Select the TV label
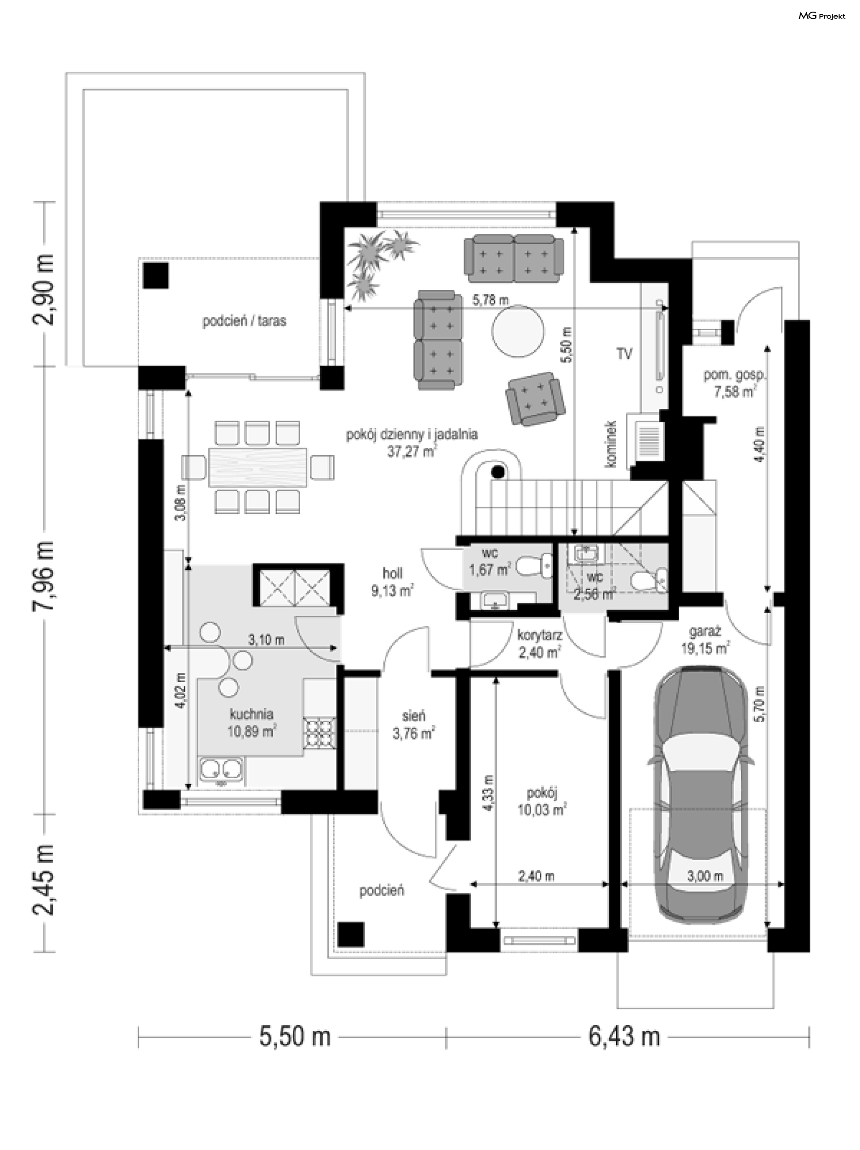click(x=624, y=354)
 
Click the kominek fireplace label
click(x=611, y=444)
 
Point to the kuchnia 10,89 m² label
click(x=251, y=723)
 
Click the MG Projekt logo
click(x=821, y=16)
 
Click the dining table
click(x=258, y=467)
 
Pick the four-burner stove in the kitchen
click(x=319, y=733)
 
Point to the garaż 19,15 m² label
click(x=705, y=641)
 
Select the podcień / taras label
click(x=244, y=321)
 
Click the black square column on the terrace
click(x=156, y=275)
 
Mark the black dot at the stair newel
click(x=498, y=472)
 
